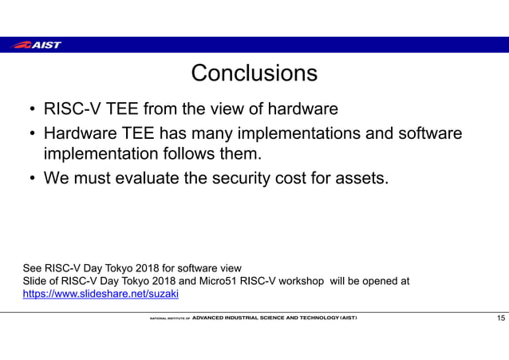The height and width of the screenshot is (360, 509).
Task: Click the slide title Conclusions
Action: pyautogui.click(x=254, y=74)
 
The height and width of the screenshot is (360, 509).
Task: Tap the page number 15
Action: pyautogui.click(x=500, y=318)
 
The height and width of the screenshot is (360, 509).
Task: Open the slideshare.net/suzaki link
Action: pyautogui.click(x=101, y=294)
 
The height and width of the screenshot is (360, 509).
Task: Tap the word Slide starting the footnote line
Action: pyautogui.click(x=34, y=280)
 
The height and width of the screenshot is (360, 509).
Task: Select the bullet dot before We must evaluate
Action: pyautogui.click(x=30, y=177)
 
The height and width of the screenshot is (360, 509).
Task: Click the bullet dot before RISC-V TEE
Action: pyautogui.click(x=30, y=109)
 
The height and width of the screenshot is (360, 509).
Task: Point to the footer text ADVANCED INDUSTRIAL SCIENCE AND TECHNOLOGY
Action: pyautogui.click(x=274, y=318)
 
